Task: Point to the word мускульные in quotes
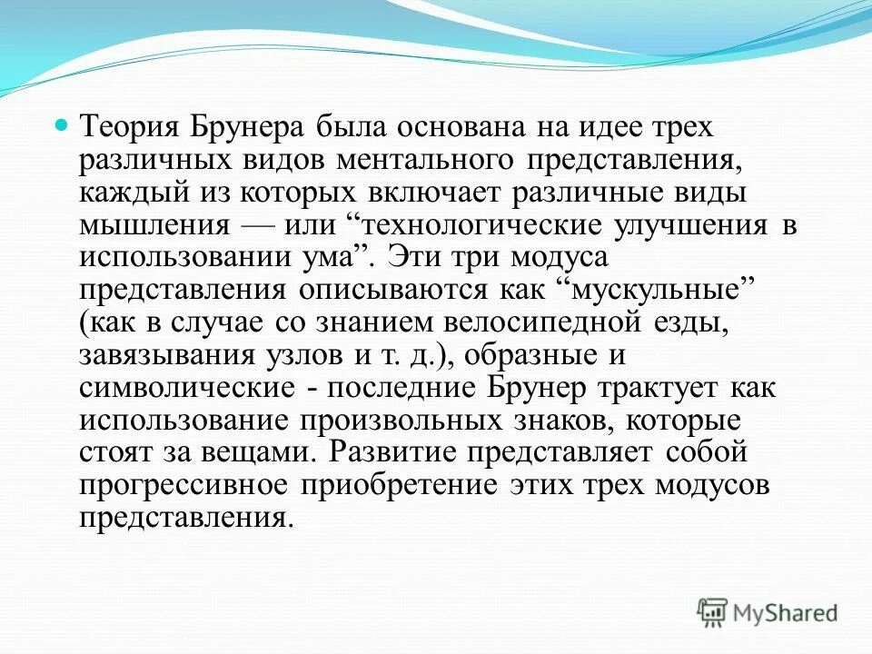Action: pos(654,292)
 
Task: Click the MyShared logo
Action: pos(768,611)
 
